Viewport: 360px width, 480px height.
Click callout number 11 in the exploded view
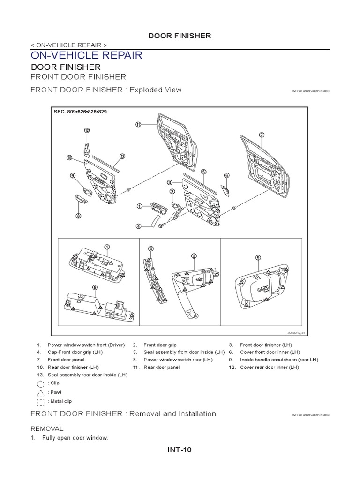(x=138, y=125)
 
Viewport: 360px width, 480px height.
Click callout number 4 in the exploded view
(x=139, y=226)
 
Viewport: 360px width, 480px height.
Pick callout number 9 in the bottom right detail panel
(x=258, y=257)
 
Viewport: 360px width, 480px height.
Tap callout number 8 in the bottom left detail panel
(x=95, y=287)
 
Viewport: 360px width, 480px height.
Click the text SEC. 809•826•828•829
(x=80, y=112)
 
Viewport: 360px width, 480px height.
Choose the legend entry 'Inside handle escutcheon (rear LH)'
(x=279, y=360)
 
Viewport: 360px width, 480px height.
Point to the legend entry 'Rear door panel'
(x=161, y=367)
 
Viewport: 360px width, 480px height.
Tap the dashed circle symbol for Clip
(x=42, y=383)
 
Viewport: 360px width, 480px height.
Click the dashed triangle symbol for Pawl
(x=42, y=392)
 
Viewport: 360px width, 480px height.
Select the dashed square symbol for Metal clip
(x=42, y=401)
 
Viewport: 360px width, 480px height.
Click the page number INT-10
(x=180, y=450)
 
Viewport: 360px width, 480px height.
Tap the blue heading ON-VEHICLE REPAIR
(x=86, y=55)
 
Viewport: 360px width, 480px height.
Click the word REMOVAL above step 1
(x=46, y=428)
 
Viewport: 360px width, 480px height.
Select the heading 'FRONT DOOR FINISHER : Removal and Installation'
(x=123, y=413)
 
